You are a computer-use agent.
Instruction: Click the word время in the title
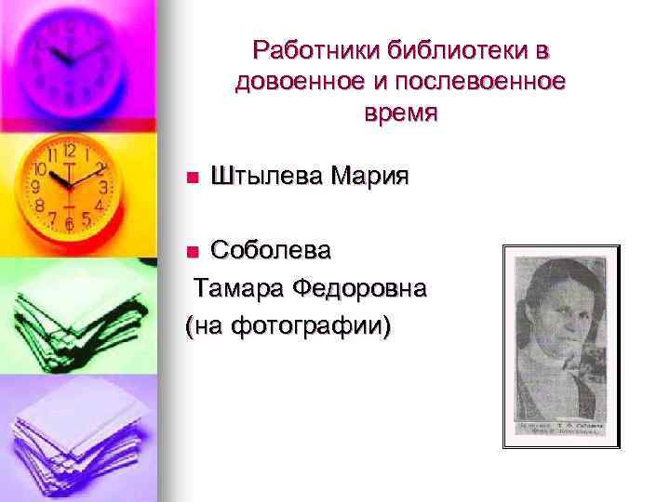[400, 113]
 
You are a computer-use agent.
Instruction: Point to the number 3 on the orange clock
[102, 187]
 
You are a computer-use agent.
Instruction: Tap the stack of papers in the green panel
[70, 316]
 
